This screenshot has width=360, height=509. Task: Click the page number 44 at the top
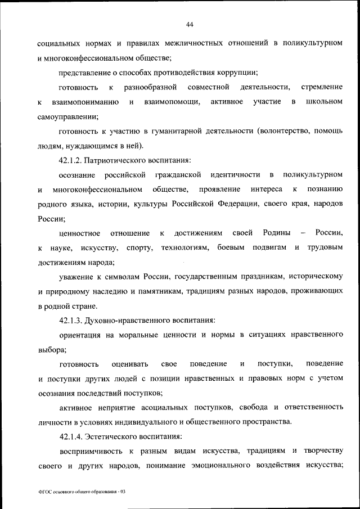coord(190,24)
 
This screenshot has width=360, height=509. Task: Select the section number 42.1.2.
coord(72,160)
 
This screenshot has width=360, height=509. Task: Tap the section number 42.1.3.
coord(72,321)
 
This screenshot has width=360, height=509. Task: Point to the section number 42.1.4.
coord(72,436)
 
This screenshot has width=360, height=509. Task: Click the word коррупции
coord(238,72)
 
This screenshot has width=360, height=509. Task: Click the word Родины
coord(260,233)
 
